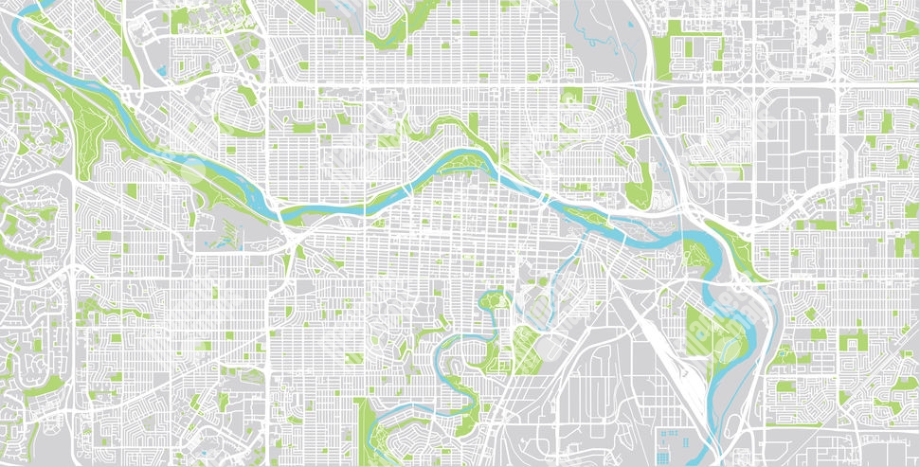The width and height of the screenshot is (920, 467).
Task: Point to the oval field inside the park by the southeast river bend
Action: pos(730,348)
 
